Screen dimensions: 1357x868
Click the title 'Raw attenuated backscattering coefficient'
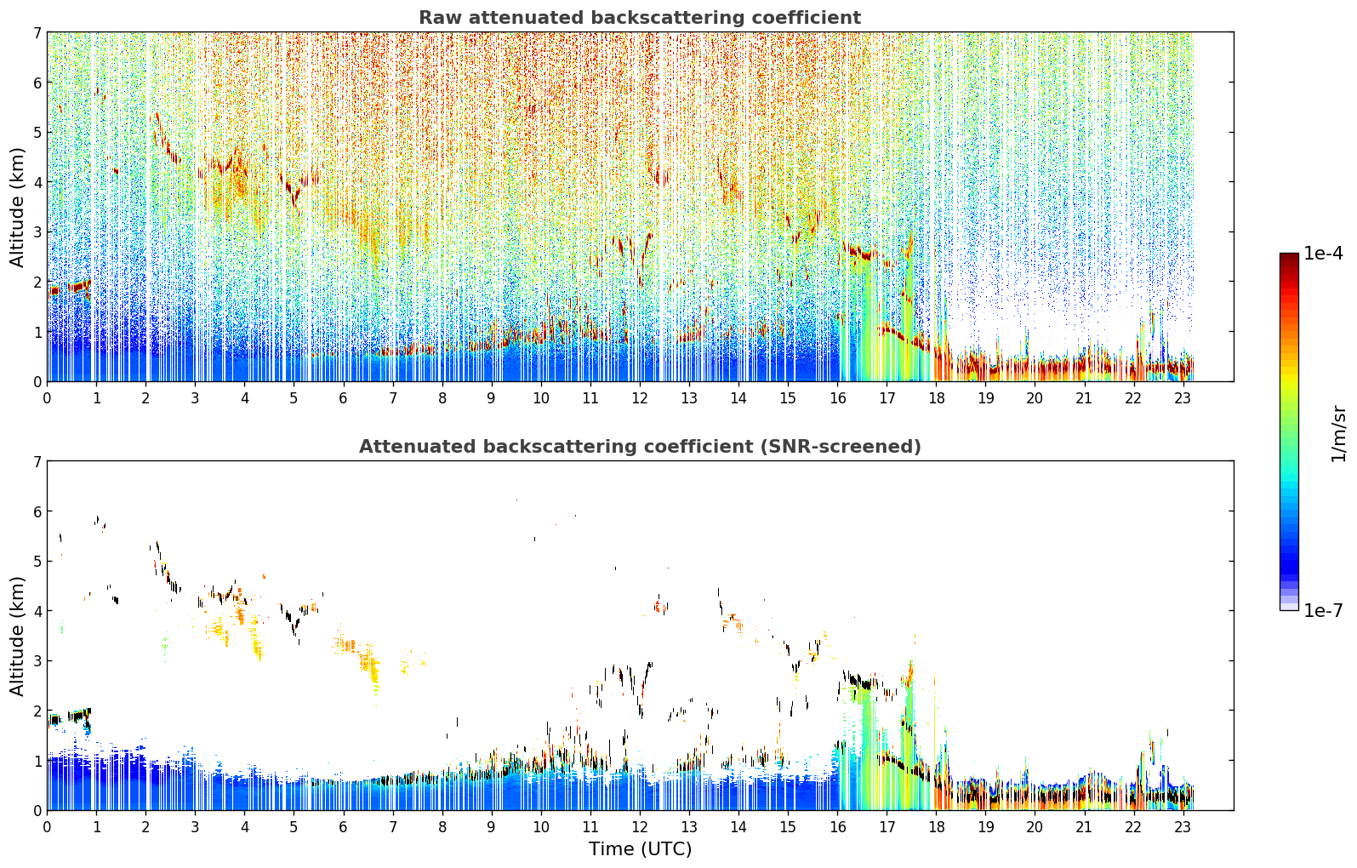(640, 18)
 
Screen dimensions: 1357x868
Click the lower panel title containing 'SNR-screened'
(640, 446)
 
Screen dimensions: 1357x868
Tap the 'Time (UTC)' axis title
(640, 849)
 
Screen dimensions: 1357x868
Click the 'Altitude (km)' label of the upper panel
(17, 207)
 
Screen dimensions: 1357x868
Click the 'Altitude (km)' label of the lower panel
(17, 636)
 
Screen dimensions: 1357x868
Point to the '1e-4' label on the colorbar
(1322, 254)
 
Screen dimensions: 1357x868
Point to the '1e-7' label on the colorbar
(1322, 610)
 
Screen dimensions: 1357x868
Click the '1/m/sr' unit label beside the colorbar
(1338, 434)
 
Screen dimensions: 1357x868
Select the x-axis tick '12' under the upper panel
(640, 398)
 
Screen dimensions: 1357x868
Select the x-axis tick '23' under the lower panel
(1183, 827)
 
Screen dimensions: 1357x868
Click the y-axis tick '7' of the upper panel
(37, 32)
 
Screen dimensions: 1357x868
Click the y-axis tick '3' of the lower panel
(37, 660)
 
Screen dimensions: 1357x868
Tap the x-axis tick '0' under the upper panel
(48, 398)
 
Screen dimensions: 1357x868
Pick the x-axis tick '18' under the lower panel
(936, 827)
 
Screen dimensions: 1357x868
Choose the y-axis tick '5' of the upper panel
(37, 132)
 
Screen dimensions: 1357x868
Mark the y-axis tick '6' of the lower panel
(37, 511)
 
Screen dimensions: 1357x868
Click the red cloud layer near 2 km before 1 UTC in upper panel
(70, 288)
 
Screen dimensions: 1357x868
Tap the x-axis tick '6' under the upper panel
(344, 398)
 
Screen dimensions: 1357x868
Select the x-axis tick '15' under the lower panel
(788, 827)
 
